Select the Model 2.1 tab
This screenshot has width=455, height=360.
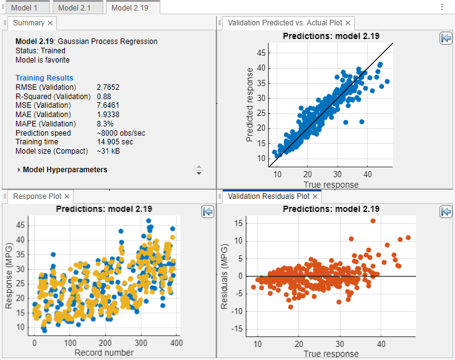tap(77, 7)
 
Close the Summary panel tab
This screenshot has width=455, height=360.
tap(51, 23)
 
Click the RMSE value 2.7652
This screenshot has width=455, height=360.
tap(109, 88)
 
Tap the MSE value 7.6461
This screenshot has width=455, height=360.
tap(109, 105)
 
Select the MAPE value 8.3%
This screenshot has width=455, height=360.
tap(105, 124)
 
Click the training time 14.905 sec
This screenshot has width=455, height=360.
tap(115, 142)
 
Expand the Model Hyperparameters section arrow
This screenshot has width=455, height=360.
tap(19, 170)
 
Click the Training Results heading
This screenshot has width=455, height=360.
tap(44, 78)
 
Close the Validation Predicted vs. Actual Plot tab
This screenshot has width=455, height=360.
tap(348, 23)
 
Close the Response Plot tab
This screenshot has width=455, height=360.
tap(67, 196)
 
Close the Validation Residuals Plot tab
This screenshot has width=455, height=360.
tap(314, 196)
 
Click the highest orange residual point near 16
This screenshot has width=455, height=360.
tap(373, 221)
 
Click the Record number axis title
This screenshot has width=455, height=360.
tap(104, 353)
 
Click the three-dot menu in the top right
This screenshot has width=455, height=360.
tap(441, 7)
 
